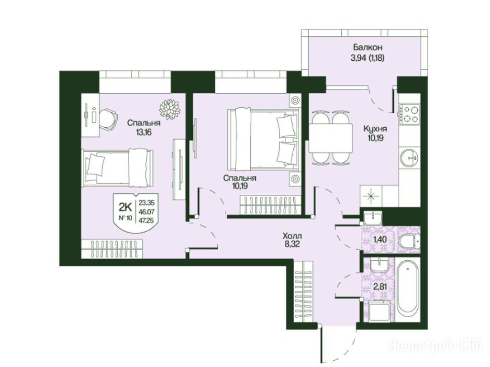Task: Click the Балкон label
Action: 367,47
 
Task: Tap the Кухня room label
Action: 375,129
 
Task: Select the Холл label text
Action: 292,236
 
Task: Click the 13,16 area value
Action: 144,132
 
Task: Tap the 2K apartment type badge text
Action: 125,207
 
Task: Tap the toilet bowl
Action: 410,242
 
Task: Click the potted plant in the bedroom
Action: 170,109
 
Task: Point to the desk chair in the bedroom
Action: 109,120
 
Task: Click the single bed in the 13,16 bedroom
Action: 118,168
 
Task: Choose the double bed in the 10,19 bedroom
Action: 263,139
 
